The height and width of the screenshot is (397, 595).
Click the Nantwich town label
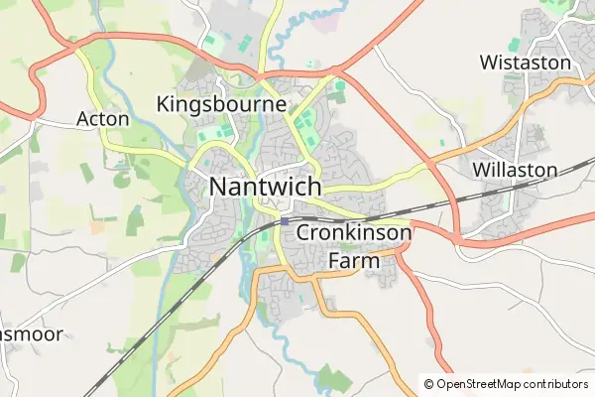tap(266, 187)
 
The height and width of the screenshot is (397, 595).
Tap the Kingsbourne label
tap(221, 103)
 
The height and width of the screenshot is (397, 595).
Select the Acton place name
tap(103, 119)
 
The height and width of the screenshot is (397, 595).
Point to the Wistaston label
tap(525, 63)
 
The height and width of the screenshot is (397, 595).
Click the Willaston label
tap(516, 170)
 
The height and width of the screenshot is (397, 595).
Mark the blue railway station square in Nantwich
tap(285, 221)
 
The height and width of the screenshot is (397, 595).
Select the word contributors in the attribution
tap(554, 384)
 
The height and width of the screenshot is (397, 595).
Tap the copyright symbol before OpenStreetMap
tap(429, 384)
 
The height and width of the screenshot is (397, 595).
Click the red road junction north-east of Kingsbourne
tap(335, 71)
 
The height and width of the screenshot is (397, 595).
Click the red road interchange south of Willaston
tap(461, 238)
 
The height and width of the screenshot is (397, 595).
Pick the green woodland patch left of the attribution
tap(334, 378)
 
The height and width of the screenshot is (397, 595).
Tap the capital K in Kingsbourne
tap(164, 103)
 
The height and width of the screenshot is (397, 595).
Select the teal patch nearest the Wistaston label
tap(514, 45)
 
